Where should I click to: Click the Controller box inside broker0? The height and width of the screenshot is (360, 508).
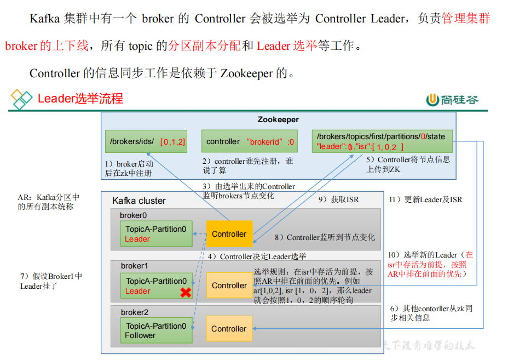(x=229, y=234)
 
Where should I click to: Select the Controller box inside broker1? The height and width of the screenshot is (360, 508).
(x=229, y=285)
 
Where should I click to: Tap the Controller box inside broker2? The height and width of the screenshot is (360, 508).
(x=229, y=329)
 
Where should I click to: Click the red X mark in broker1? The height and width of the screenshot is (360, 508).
(x=186, y=293)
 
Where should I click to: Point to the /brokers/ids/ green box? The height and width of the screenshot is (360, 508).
(x=147, y=141)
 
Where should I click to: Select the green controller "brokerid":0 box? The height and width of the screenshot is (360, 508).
(x=250, y=141)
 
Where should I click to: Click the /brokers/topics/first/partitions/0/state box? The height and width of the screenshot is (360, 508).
(x=382, y=141)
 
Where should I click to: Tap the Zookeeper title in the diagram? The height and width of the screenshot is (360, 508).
(x=278, y=119)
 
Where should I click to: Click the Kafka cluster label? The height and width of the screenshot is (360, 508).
(x=139, y=201)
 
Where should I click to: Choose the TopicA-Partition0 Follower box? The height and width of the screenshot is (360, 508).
(x=156, y=330)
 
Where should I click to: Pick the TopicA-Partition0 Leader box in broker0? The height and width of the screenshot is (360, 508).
(x=156, y=234)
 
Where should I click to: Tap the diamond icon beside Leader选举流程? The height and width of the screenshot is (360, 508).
(x=22, y=99)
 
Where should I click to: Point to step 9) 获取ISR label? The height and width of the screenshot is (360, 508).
(x=338, y=199)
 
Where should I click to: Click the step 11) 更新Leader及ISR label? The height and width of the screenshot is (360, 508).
(x=425, y=199)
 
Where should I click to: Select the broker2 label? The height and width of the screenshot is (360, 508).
(x=135, y=312)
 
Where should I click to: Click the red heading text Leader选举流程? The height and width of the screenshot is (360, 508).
(x=80, y=99)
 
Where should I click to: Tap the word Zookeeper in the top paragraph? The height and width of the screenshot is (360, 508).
(x=246, y=73)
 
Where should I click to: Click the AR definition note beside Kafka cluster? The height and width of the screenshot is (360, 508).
(x=49, y=202)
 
